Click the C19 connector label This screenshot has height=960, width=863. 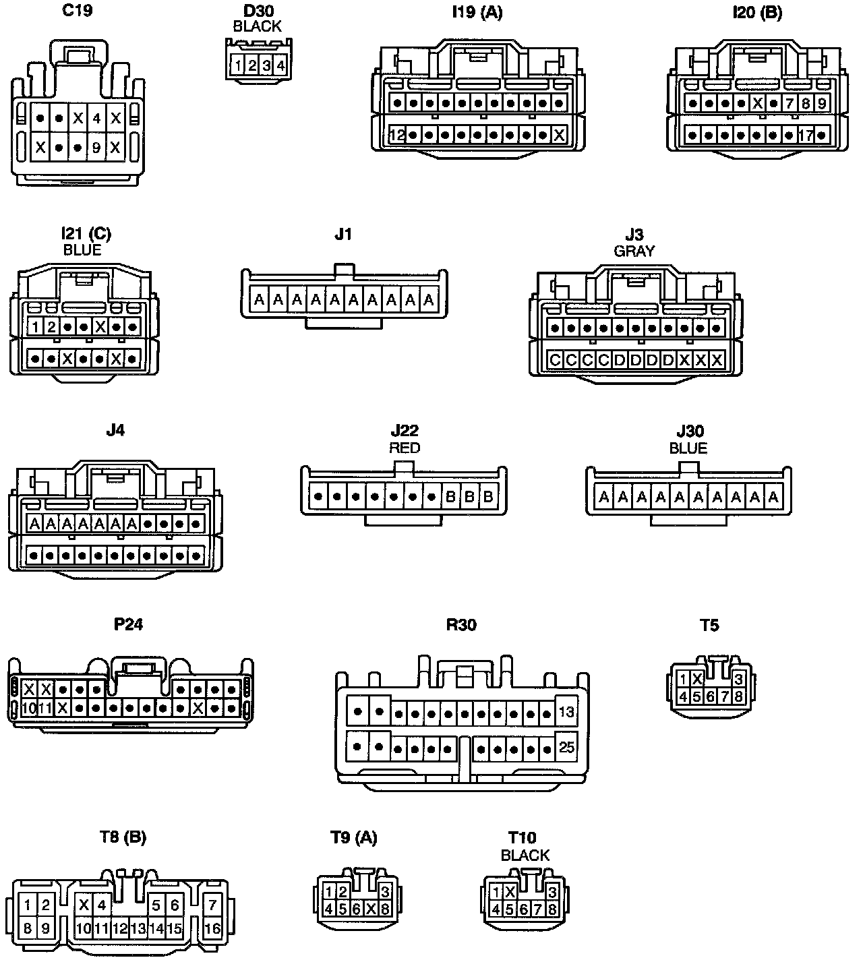(78, 11)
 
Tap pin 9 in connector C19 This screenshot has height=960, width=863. (96, 147)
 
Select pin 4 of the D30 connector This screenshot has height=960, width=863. (280, 65)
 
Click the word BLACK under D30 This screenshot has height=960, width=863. (257, 26)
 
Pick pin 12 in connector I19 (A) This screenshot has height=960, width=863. (396, 135)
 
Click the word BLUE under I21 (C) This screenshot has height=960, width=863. (82, 250)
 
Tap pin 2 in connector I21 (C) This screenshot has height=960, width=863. (51, 328)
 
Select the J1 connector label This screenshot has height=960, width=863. (343, 235)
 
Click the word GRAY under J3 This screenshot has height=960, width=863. (634, 251)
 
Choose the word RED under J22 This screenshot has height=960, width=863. (405, 448)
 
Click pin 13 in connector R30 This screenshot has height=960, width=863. (566, 712)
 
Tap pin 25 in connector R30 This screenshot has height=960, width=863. (566, 747)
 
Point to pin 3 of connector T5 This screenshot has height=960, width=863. (738, 679)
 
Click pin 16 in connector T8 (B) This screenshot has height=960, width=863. (212, 928)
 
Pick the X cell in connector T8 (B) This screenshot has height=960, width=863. (84, 905)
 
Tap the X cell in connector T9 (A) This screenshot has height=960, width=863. (370, 908)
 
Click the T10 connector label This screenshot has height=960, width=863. (522, 837)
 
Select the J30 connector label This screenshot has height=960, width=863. (689, 431)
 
